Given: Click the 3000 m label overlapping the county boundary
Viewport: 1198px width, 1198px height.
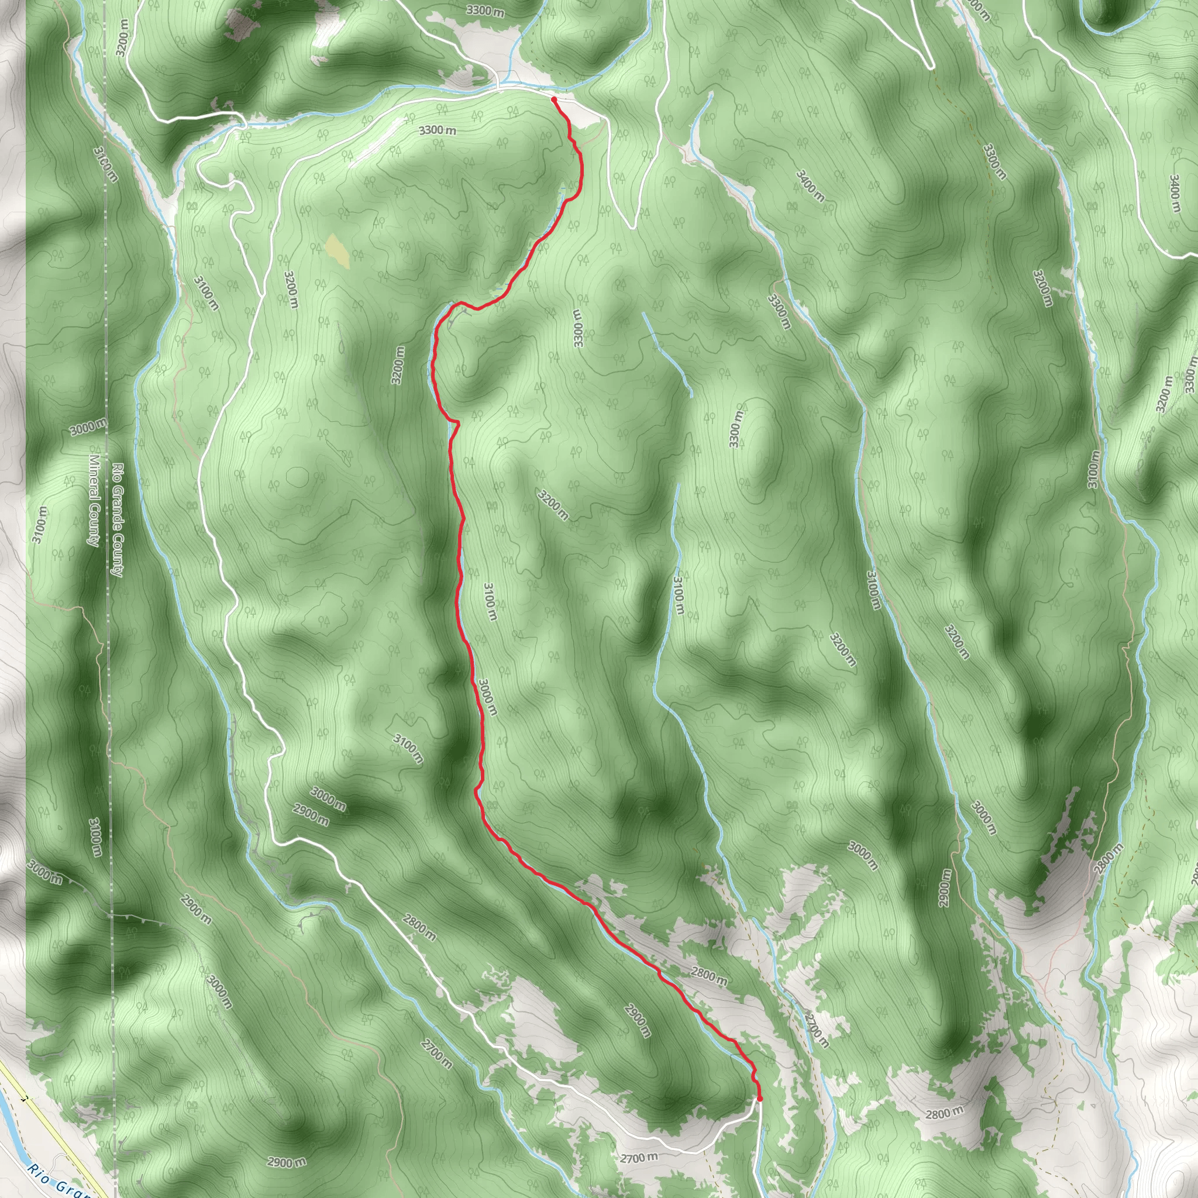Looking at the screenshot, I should [87, 427].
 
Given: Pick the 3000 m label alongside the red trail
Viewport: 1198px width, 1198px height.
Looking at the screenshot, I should [487, 697].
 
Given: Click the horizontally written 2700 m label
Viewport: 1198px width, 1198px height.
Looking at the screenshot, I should [639, 1157].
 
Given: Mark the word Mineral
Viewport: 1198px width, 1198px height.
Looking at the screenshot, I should [94, 477].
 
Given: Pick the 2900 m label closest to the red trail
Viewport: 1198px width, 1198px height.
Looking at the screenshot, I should [638, 1020].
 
